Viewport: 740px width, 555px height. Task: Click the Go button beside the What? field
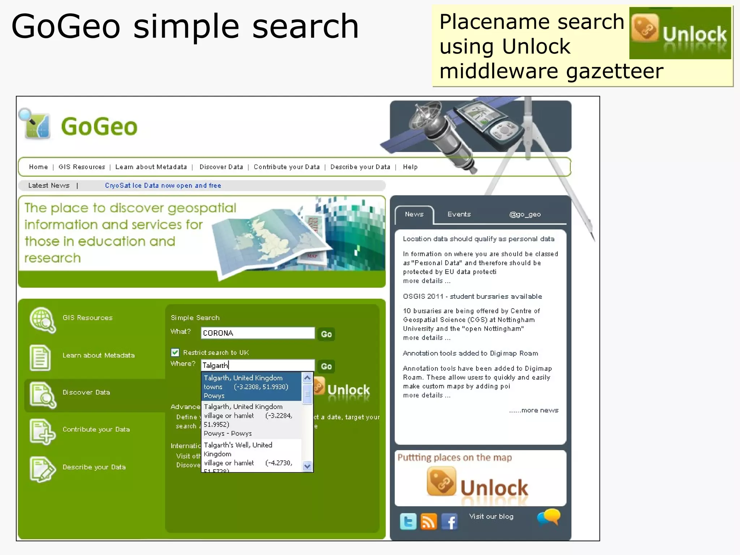[326, 334]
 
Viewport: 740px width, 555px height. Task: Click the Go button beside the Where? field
[326, 366]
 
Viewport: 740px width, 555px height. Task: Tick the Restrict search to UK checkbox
[175, 352]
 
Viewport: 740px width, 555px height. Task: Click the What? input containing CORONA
[258, 333]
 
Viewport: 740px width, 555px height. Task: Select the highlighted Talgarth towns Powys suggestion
[251, 387]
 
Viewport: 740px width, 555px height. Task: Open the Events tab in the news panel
[459, 214]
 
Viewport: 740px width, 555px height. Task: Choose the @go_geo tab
[525, 214]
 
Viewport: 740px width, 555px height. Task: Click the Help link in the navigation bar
[410, 167]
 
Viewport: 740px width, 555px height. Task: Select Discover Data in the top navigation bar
[221, 167]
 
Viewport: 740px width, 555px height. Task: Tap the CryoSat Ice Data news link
[163, 185]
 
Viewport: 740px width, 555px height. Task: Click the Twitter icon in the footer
[408, 522]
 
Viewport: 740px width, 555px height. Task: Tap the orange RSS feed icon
[429, 522]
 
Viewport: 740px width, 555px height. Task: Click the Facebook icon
[449, 522]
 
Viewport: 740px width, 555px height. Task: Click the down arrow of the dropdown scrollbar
[307, 466]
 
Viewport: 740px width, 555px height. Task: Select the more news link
[534, 410]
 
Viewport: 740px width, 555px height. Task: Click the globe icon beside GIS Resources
[42, 319]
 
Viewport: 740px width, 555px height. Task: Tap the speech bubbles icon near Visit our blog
[548, 517]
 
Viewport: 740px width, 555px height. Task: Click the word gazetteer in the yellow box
[614, 71]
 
